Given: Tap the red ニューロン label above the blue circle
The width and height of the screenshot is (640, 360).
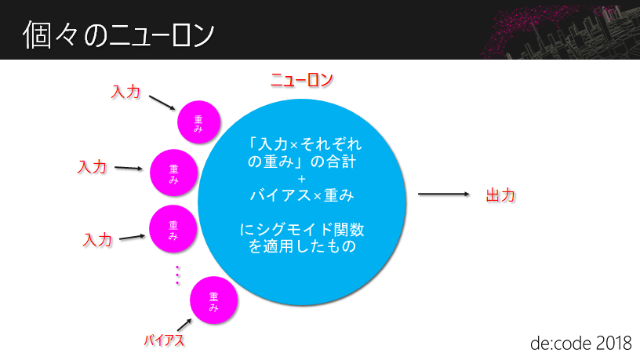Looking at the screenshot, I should click(x=302, y=80).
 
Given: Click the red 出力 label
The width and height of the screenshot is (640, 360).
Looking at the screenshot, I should click(x=500, y=195).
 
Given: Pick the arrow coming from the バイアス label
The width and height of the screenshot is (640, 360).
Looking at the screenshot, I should click(x=184, y=324).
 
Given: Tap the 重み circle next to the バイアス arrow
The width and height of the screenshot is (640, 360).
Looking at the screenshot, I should click(x=213, y=302).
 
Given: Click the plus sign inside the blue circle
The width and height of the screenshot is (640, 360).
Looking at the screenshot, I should click(x=302, y=179).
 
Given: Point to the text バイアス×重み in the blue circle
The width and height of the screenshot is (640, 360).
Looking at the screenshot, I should click(x=302, y=194).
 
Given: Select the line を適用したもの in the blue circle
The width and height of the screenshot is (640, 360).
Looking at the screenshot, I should click(x=302, y=246).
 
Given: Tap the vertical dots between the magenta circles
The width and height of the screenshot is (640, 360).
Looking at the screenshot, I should click(x=178, y=274).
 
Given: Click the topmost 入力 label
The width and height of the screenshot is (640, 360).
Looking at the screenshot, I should click(x=125, y=92).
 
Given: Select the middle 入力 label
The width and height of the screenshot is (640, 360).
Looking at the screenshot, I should click(x=92, y=167).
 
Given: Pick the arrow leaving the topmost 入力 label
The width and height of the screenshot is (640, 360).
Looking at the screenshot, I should click(x=162, y=102).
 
